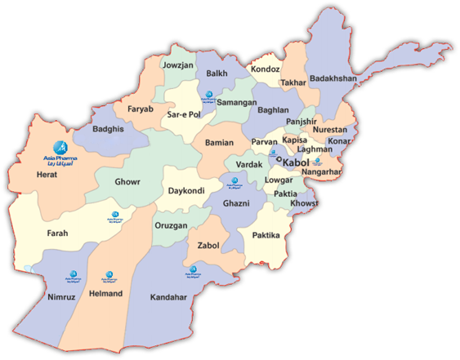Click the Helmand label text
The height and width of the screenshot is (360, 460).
pos(106,293)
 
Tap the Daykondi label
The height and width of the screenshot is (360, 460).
pos(186,191)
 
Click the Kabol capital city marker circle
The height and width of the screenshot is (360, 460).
pos(279,161)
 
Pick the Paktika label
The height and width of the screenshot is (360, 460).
pos(265,235)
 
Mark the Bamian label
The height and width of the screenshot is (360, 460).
pos(220,142)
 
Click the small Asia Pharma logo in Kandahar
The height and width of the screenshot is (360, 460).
pos(194,270)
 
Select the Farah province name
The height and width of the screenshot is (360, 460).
pos(57,233)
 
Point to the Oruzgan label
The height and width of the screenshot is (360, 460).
pos(171,225)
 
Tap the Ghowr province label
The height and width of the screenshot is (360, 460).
pos(127,181)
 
